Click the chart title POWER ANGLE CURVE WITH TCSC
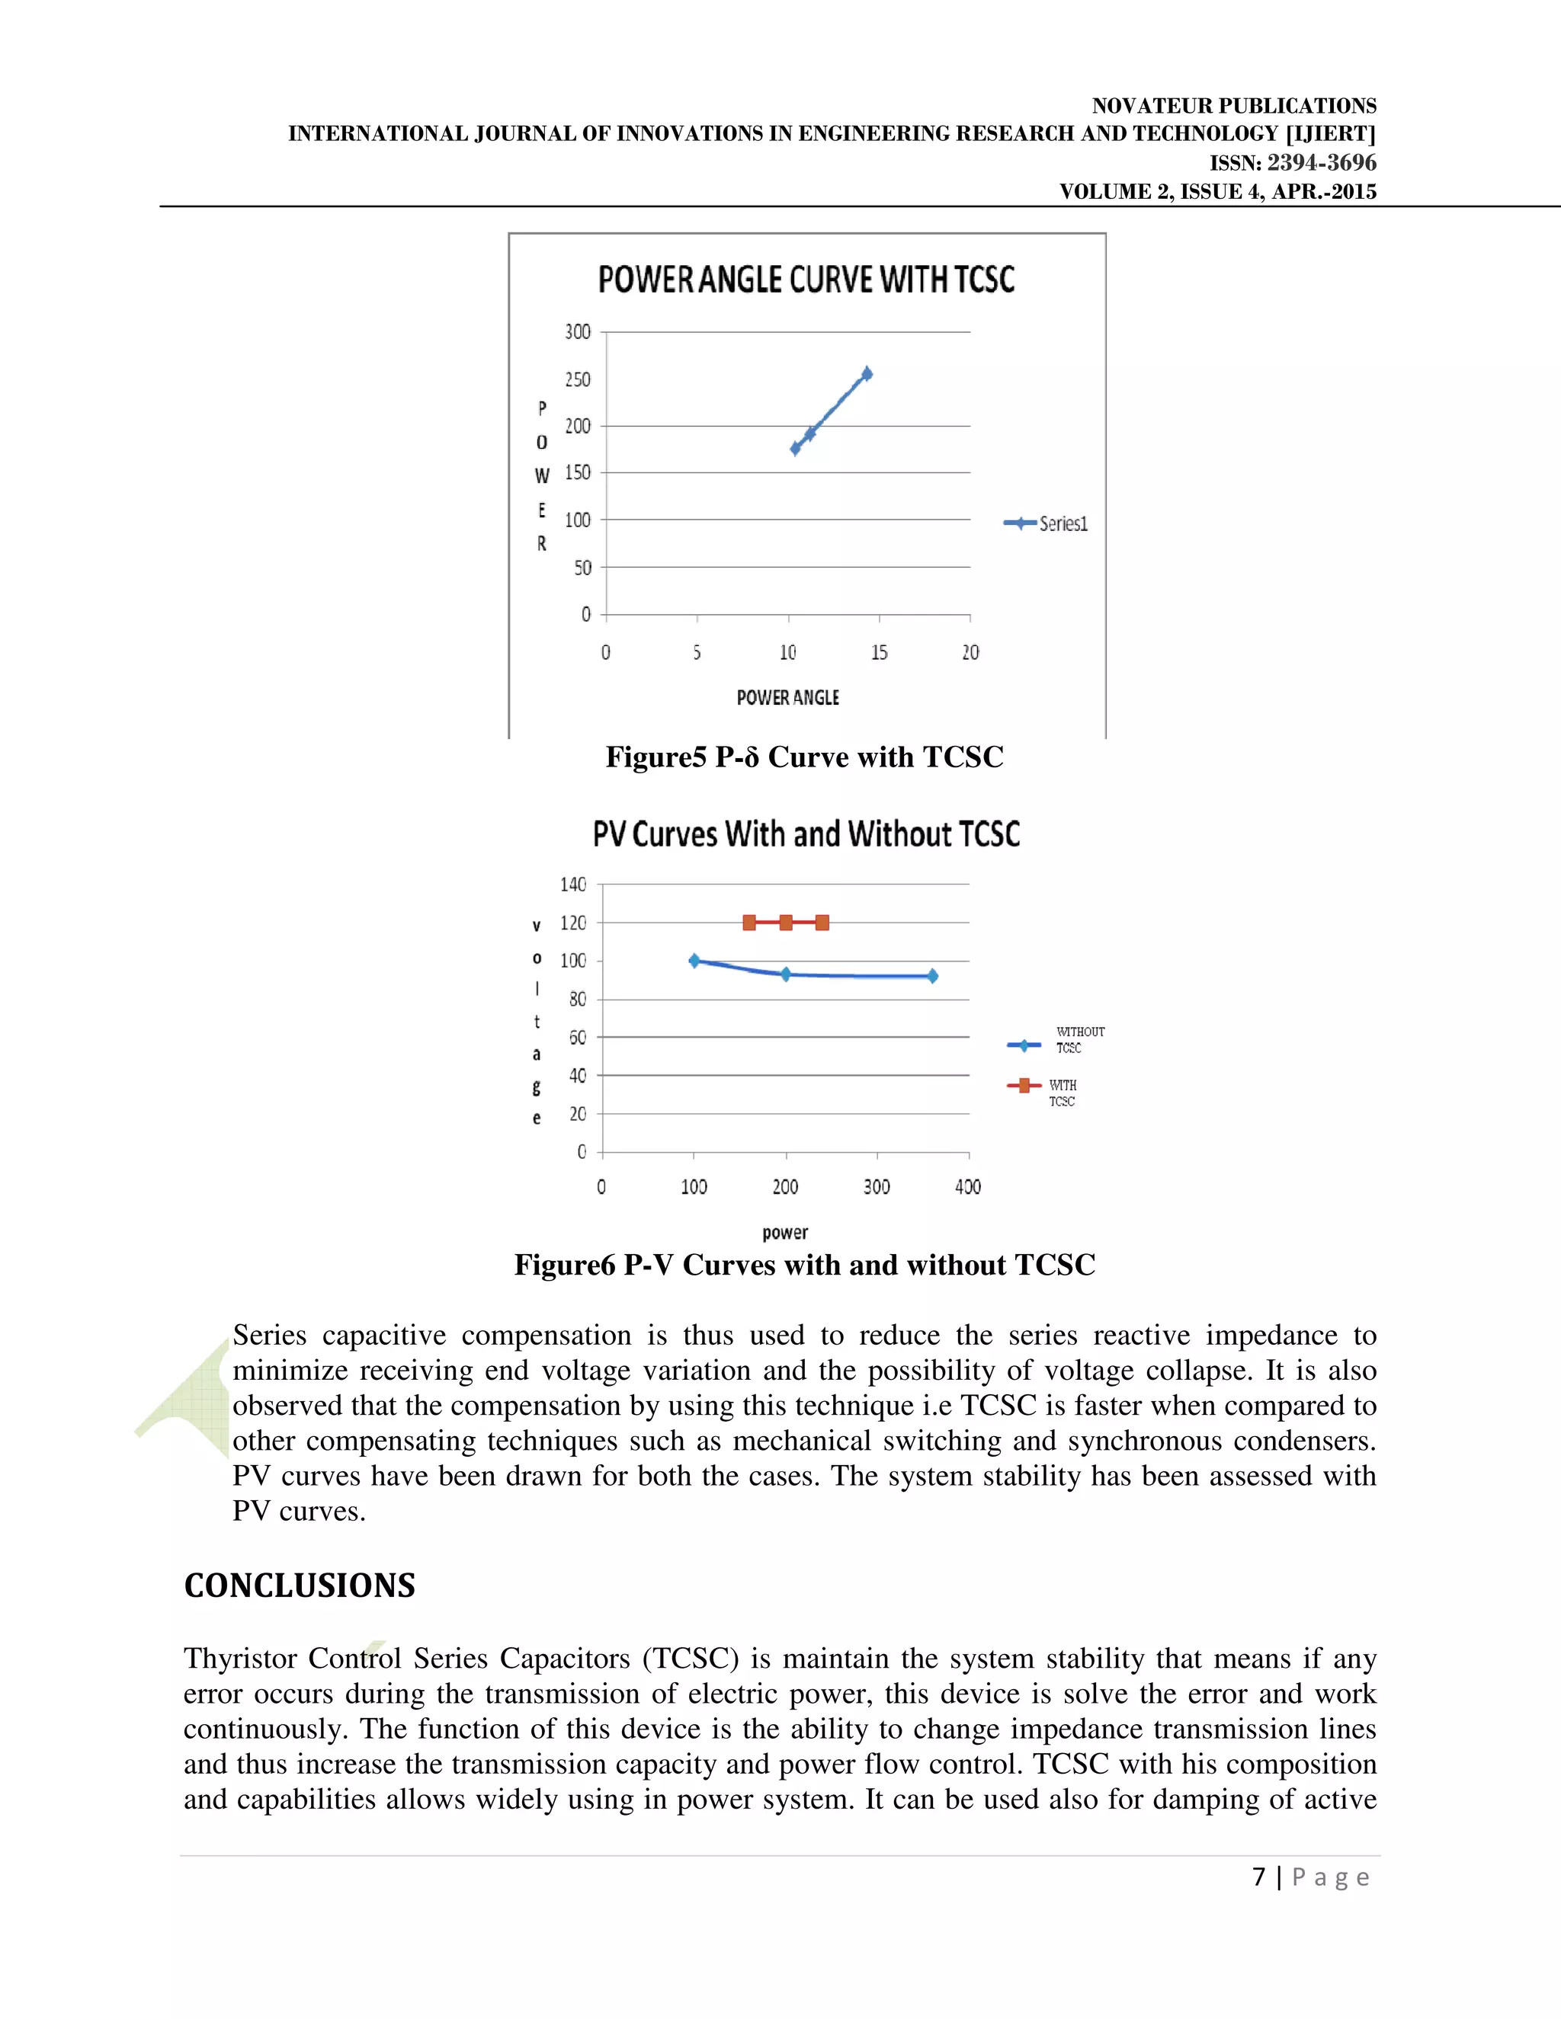click(806, 279)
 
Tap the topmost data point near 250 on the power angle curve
click(867, 374)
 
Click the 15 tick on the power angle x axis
click(879, 653)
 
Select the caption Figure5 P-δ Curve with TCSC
click(803, 757)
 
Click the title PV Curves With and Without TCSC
click(806, 834)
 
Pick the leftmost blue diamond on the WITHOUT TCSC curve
click(694, 961)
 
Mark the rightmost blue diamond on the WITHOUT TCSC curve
click(932, 976)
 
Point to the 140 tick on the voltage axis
click(572, 885)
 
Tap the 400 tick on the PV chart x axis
click(968, 1187)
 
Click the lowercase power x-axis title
click(785, 1232)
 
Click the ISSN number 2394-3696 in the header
click(1321, 164)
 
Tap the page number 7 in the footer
click(1258, 1877)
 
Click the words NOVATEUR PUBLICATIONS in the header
click(1234, 105)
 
